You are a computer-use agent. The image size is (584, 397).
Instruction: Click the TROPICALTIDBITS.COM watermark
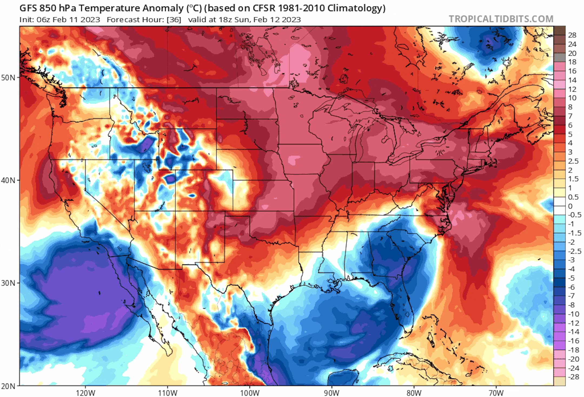click(x=501, y=19)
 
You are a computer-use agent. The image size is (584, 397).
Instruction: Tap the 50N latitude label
click(x=8, y=78)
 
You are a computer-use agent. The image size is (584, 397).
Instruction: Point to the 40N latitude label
click(x=8, y=180)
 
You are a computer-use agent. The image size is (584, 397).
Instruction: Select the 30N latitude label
click(x=8, y=283)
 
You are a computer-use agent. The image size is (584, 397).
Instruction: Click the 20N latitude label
click(x=8, y=386)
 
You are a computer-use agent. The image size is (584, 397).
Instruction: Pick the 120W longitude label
click(x=85, y=393)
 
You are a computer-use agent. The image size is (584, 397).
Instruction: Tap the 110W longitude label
click(x=168, y=393)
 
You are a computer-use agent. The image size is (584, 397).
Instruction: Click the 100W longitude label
click(x=250, y=393)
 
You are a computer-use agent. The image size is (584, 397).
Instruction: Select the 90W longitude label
click(x=331, y=393)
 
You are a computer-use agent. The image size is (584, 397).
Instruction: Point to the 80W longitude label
click(x=414, y=393)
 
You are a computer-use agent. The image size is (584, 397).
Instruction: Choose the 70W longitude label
click(x=496, y=393)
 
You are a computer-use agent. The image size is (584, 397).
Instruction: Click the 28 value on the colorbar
click(x=572, y=35)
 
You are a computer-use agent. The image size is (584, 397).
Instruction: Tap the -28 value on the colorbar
click(x=573, y=377)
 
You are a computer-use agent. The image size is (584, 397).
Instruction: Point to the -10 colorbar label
click(x=573, y=314)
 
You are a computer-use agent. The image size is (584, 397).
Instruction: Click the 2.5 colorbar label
click(x=573, y=161)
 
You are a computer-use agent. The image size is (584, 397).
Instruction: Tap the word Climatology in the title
click(x=356, y=8)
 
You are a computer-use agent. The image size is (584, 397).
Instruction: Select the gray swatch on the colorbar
click(x=559, y=57)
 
